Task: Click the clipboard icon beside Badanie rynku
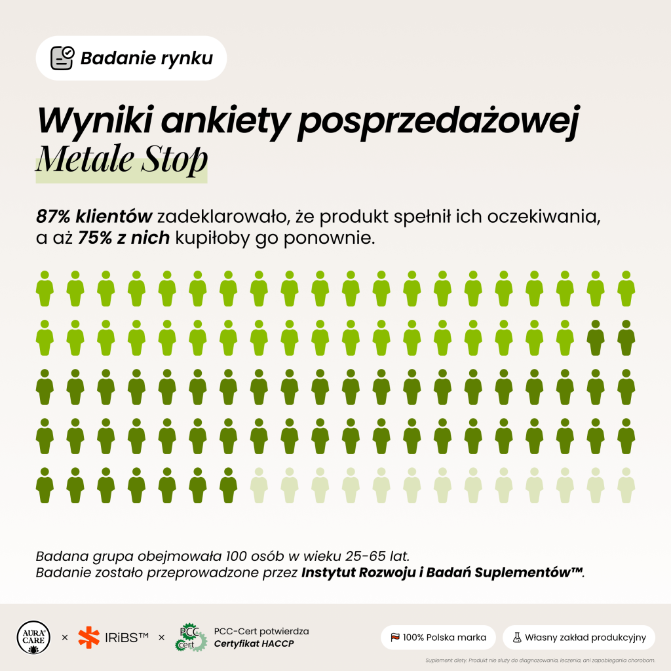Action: tap(62, 58)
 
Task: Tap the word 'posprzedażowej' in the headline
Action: tap(438, 121)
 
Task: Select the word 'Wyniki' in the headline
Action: tap(95, 121)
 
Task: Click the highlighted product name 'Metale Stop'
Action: tap(121, 160)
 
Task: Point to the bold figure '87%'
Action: tap(53, 216)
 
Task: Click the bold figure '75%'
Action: tap(95, 237)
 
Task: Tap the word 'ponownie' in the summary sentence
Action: tap(329, 238)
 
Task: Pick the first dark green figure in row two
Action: tap(596, 337)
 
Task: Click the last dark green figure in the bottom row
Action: tap(229, 486)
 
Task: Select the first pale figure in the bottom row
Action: tap(259, 486)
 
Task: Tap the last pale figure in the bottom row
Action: tap(626, 486)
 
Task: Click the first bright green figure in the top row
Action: tap(45, 288)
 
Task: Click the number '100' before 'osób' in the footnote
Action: tap(237, 556)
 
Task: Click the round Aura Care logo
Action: tap(33, 638)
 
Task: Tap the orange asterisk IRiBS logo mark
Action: tap(88, 637)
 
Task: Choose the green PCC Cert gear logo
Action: tap(191, 638)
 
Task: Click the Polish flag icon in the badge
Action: tap(395, 638)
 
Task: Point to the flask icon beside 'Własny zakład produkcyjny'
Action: tap(517, 638)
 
